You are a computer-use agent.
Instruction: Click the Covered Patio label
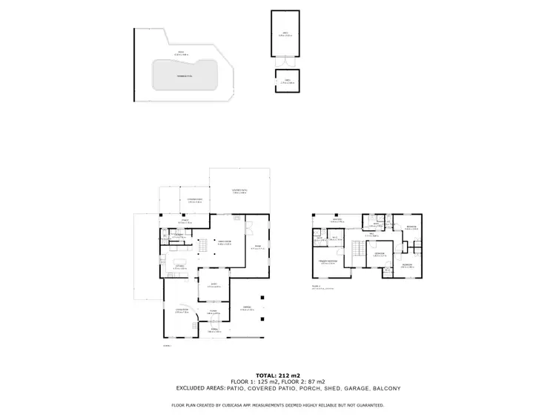click(x=239, y=191)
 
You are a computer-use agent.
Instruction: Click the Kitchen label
click(x=178, y=266)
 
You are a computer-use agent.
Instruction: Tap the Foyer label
click(x=212, y=313)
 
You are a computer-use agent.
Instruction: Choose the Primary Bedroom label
click(x=328, y=261)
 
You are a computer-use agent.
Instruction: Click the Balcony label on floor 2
click(x=337, y=220)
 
